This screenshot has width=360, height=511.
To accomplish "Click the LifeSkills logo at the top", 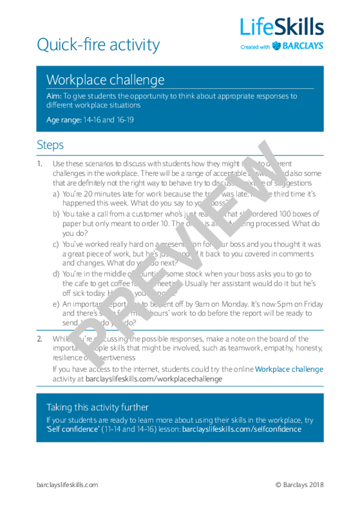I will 281,27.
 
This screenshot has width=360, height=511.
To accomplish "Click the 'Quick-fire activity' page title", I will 98,44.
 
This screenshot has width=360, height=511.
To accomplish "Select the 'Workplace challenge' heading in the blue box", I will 105,80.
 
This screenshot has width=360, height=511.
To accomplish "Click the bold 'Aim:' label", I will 54,96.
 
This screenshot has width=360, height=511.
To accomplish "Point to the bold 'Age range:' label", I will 64,120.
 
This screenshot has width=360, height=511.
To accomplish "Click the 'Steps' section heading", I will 50,145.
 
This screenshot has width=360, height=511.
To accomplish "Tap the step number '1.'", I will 40,164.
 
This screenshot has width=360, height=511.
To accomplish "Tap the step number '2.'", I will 40,339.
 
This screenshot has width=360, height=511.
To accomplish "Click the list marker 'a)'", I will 56,194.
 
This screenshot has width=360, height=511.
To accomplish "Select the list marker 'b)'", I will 56,214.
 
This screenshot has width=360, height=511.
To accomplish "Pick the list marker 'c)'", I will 56,244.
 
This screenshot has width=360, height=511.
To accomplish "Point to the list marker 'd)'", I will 56,274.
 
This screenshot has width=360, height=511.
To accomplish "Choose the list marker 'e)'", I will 56,304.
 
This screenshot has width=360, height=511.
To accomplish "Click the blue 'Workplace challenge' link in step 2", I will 289,369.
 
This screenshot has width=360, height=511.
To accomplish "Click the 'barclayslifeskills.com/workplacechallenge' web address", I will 154,379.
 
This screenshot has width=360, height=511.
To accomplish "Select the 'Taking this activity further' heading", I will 97,407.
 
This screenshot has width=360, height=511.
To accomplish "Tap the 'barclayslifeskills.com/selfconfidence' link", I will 241,429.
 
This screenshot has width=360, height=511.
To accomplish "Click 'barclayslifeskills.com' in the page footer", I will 67,485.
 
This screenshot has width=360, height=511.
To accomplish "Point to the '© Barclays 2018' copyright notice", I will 299,485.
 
